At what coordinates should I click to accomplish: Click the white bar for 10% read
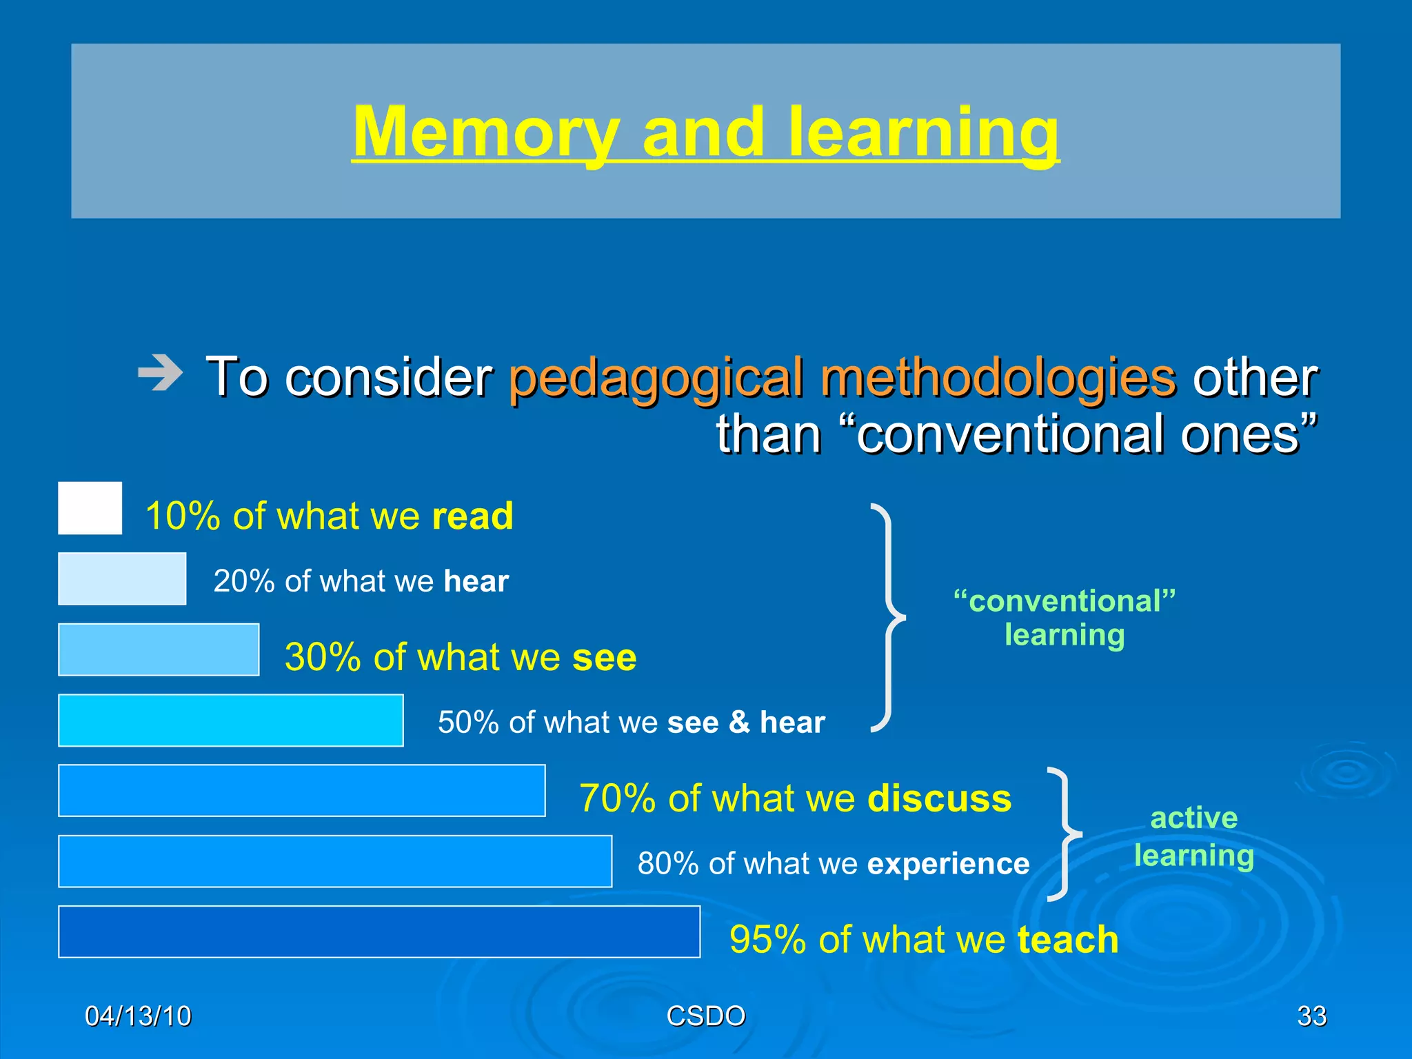point(90,508)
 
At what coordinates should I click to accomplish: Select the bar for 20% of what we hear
point(122,579)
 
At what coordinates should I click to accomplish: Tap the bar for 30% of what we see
point(159,649)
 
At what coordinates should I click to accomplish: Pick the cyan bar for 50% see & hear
point(231,720)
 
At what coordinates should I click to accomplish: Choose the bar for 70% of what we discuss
point(302,791)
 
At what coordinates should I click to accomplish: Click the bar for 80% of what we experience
point(335,861)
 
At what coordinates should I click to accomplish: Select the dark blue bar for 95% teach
point(379,932)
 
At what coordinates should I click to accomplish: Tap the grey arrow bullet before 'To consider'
point(161,373)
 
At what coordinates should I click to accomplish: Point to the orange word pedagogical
point(656,378)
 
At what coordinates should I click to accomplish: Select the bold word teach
point(1067,939)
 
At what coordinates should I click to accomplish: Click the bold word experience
point(948,863)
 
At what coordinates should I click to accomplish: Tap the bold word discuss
point(939,798)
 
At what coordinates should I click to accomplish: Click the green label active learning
point(1193,836)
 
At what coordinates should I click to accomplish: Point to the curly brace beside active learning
point(1064,834)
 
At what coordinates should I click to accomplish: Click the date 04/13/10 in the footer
point(138,1016)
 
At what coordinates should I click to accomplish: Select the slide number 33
point(1311,1016)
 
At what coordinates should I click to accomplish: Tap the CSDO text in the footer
point(706,1016)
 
